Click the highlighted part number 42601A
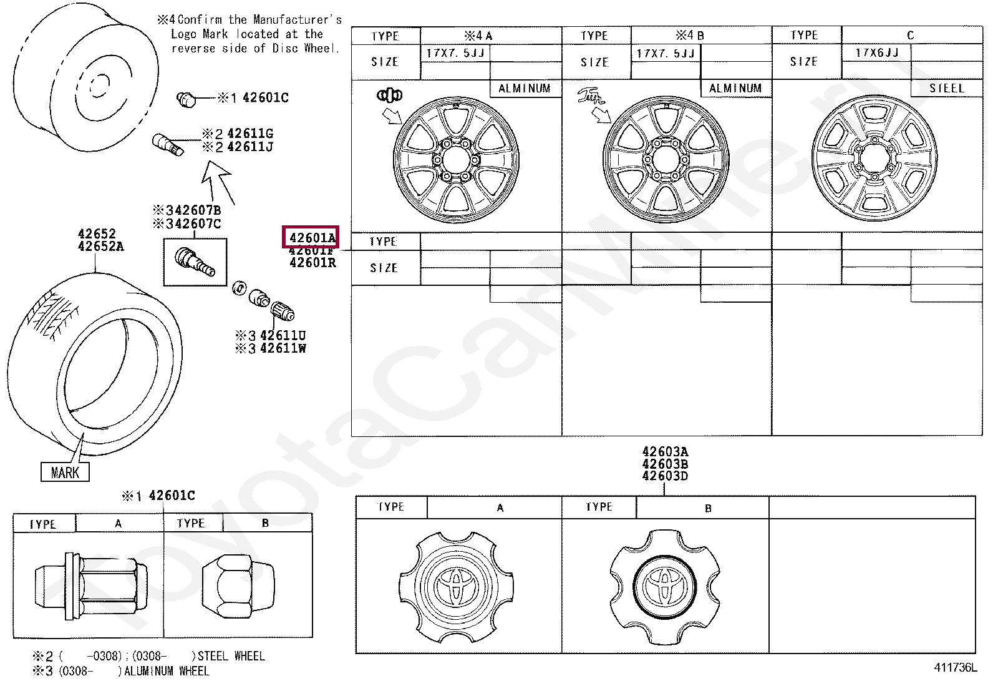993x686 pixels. point(311,238)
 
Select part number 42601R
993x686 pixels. point(312,263)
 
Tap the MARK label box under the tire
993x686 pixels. point(65,473)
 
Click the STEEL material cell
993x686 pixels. point(946,89)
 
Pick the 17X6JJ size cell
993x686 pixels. point(876,53)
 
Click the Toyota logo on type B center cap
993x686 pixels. point(665,585)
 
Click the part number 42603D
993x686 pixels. point(665,476)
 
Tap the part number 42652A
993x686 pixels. point(100,247)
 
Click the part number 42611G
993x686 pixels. point(249,134)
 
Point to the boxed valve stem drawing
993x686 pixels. point(195,262)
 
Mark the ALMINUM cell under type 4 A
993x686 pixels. point(525,89)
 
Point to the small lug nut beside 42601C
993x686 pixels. point(186,98)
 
